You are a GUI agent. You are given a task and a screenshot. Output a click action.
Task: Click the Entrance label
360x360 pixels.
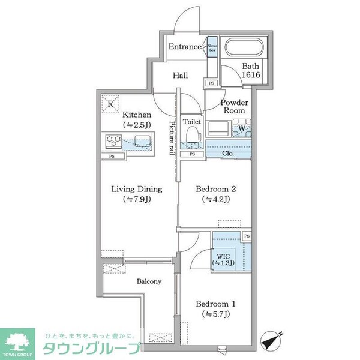coord(184,47)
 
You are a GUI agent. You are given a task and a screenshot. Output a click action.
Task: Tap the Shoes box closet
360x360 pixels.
coord(212,47)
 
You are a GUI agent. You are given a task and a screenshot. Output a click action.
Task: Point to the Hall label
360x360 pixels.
coord(181,76)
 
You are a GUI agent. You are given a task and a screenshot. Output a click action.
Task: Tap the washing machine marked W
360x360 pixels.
coord(242,127)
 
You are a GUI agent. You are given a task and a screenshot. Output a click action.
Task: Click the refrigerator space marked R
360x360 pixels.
coord(110,103)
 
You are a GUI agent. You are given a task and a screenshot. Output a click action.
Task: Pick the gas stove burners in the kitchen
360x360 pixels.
coord(113,142)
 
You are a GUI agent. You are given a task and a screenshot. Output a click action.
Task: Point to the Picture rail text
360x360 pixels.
coord(172,137)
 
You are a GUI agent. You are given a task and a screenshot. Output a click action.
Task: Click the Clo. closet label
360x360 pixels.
coord(227,154)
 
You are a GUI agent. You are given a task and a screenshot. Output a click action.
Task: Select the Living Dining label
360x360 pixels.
coord(136,189)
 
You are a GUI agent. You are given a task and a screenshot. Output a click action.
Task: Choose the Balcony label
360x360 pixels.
coord(148,281)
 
